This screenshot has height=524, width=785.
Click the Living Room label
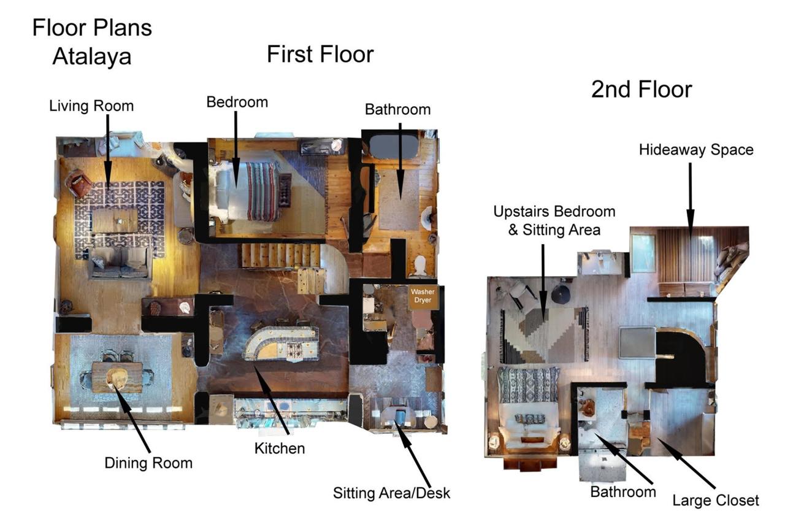coord(91,106)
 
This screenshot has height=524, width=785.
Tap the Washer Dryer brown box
coord(423,298)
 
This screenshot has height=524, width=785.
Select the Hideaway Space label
coord(696,150)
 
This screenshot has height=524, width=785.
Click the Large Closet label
coord(716,500)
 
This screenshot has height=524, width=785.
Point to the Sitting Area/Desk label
coord(391,493)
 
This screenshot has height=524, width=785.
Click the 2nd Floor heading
coord(641,90)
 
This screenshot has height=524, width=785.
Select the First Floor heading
coord(320,55)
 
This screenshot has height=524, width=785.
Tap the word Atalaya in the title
coord(92,56)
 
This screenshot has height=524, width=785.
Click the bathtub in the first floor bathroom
coord(393,147)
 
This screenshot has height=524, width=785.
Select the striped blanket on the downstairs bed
coord(262,191)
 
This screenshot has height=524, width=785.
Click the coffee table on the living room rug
coord(115,220)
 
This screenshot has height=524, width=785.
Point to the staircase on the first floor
coord(279,256)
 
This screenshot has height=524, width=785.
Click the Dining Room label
coord(148,463)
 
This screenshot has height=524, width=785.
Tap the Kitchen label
coord(280,449)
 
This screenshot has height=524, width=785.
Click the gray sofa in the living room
coord(120,263)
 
